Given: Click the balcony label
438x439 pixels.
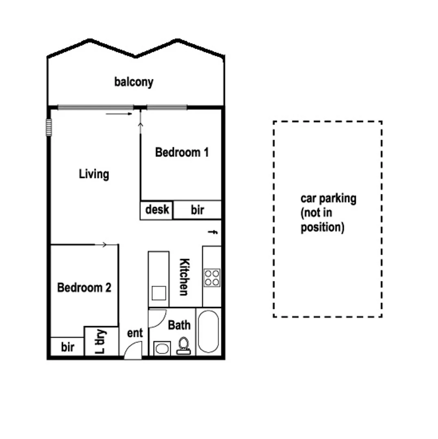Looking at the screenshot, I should pyautogui.click(x=134, y=82).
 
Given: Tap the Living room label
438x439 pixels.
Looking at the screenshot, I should pyautogui.click(x=94, y=174).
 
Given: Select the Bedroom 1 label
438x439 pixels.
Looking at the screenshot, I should pyautogui.click(x=182, y=152).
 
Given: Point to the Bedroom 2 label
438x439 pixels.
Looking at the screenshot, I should pyautogui.click(x=84, y=288).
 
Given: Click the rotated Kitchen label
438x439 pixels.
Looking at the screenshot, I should pyautogui.click(x=184, y=277).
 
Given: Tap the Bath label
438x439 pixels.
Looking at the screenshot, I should pyautogui.click(x=179, y=325).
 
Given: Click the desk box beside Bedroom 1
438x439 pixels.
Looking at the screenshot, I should pyautogui.click(x=157, y=210).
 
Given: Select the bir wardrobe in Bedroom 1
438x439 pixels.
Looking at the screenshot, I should pyautogui.click(x=197, y=210).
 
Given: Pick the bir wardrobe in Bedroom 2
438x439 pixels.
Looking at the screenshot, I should pyautogui.click(x=67, y=347).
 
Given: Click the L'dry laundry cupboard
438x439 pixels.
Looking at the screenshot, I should pyautogui.click(x=101, y=341).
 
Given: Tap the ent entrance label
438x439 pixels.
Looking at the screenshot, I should pyautogui.click(x=135, y=333).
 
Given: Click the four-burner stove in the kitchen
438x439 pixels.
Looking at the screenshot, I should pyautogui.click(x=212, y=278).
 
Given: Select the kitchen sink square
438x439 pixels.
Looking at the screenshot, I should pyautogui.click(x=158, y=293).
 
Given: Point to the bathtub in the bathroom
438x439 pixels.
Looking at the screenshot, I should pyautogui.click(x=208, y=332).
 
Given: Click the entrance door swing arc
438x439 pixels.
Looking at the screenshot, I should pyautogui.click(x=133, y=349).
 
